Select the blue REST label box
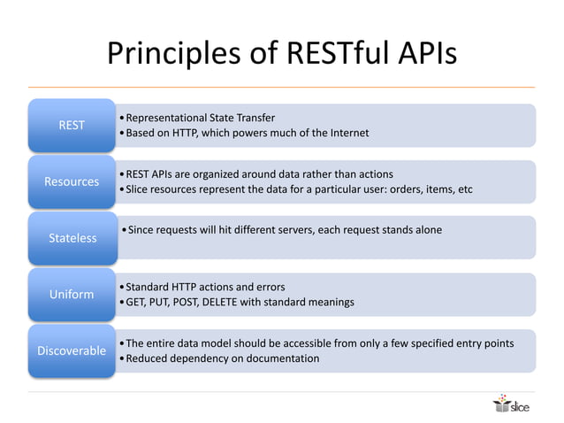click(72, 125)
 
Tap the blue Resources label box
click(72, 181)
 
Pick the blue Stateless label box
click(72, 237)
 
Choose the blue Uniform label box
click(72, 294)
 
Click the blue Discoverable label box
click(72, 350)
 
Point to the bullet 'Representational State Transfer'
click(200, 118)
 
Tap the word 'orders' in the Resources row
click(408, 189)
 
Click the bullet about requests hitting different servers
click(284, 230)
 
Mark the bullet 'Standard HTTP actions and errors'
click(205, 287)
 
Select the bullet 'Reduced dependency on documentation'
click(222, 358)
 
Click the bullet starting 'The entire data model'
click(319, 342)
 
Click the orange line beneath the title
click(281, 87)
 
